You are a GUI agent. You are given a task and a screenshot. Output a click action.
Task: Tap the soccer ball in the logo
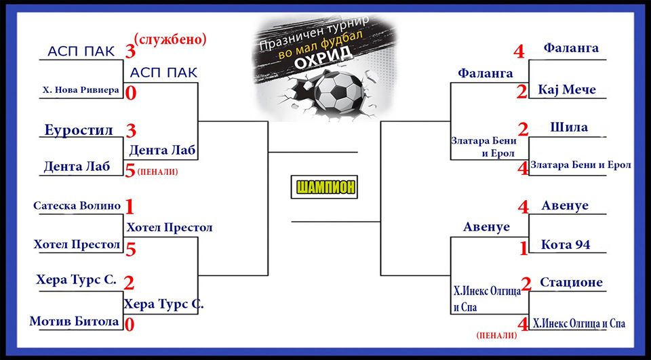pyautogui.click(x=339, y=93)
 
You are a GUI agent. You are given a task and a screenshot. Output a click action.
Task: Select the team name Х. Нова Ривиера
pyautogui.click(x=81, y=89)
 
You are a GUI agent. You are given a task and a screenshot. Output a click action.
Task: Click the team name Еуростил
pyautogui.click(x=79, y=130)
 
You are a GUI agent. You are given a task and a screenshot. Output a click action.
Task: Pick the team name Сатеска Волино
pyautogui.click(x=77, y=205)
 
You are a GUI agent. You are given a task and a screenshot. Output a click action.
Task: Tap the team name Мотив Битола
pyautogui.click(x=75, y=321)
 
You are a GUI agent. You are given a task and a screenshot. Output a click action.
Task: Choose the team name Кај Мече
pyautogui.click(x=567, y=89)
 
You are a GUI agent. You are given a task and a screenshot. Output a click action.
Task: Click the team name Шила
pyautogui.click(x=569, y=127)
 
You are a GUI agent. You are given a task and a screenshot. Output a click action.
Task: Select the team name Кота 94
pyautogui.click(x=566, y=245)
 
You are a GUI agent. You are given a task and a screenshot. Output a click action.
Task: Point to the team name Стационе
pyautogui.click(x=571, y=282)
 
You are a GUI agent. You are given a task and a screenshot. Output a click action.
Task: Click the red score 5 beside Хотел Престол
pyautogui.click(x=131, y=249)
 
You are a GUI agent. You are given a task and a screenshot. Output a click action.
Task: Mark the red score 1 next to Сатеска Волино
pyautogui.click(x=130, y=207)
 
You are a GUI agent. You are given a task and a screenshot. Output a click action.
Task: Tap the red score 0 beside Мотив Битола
pyautogui.click(x=130, y=325)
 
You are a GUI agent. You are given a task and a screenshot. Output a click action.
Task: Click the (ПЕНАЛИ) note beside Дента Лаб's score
pyautogui.click(x=157, y=172)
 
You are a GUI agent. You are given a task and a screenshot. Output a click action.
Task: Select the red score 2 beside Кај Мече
pyautogui.click(x=522, y=92)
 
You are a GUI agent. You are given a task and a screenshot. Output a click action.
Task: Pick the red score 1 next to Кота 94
pyautogui.click(x=524, y=248)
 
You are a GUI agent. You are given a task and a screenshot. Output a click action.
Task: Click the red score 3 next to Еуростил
pyautogui.click(x=131, y=131)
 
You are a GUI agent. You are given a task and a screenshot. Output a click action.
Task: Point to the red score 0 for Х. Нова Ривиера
pyautogui.click(x=131, y=94)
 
